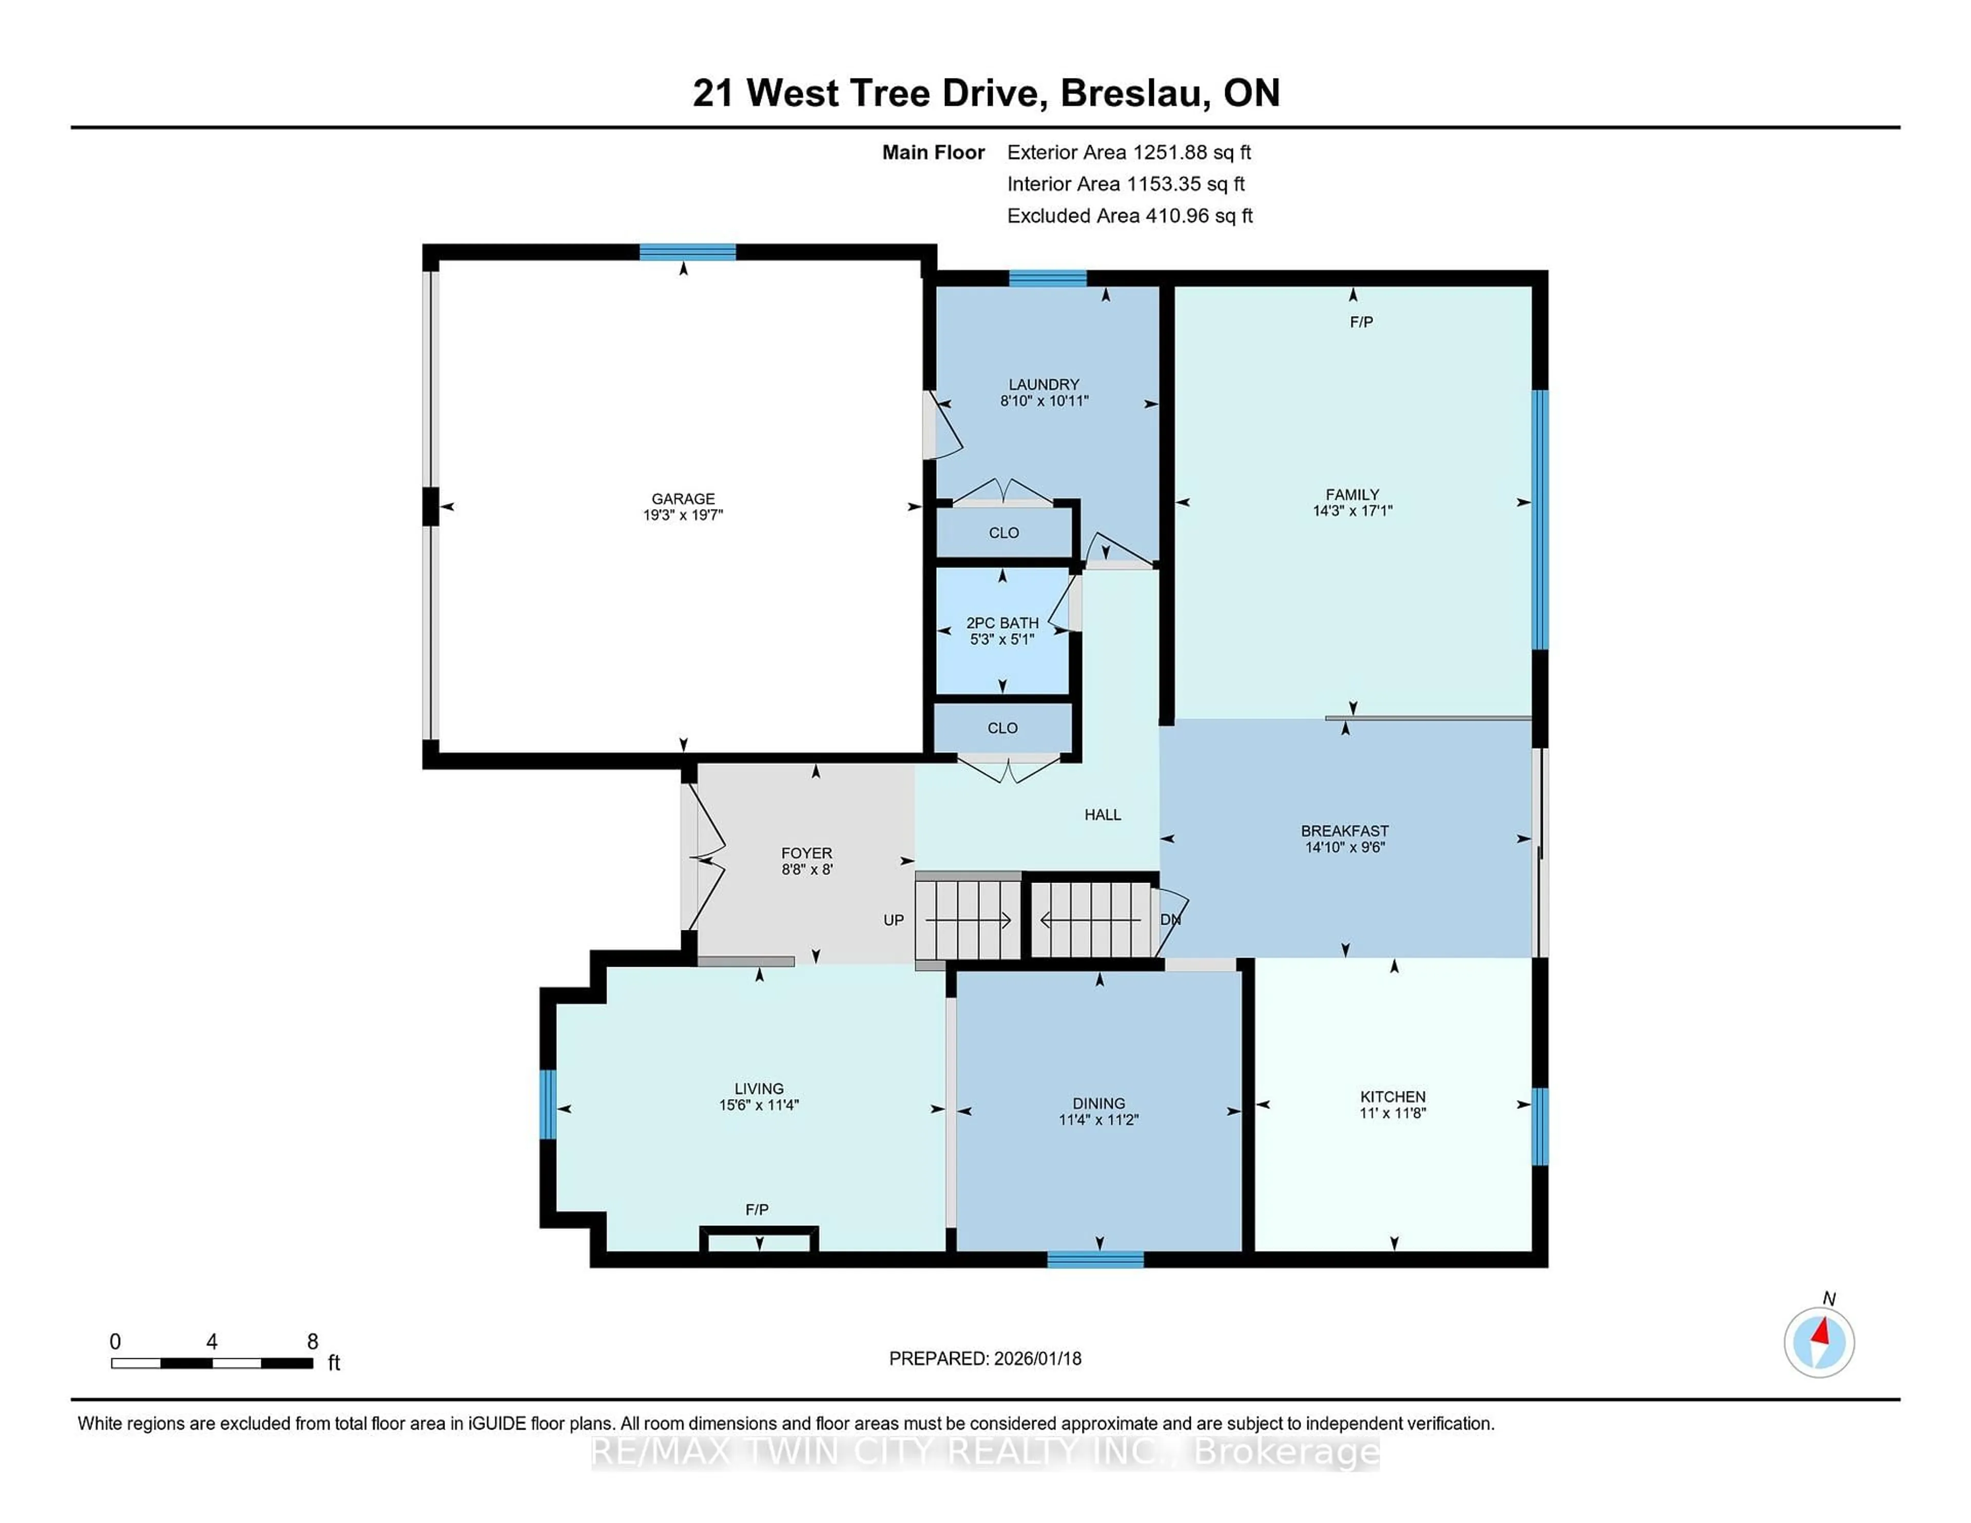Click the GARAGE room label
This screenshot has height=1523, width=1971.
(x=683, y=498)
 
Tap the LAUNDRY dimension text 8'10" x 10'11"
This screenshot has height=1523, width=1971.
(x=1044, y=401)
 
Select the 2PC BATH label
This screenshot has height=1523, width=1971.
(x=1002, y=622)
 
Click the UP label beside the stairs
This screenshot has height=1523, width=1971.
(x=894, y=920)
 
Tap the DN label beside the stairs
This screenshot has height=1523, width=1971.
(x=1170, y=920)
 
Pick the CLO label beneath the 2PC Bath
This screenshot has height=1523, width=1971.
(x=1002, y=728)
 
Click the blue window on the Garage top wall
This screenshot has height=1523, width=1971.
(x=688, y=252)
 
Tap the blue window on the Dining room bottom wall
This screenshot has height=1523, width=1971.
(x=1096, y=1260)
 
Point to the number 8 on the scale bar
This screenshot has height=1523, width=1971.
(x=312, y=1342)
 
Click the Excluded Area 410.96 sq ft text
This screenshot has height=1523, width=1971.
(x=1130, y=216)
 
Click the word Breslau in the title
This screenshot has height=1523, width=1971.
(x=1134, y=93)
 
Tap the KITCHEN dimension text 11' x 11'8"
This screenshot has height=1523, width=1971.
(x=1393, y=1114)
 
